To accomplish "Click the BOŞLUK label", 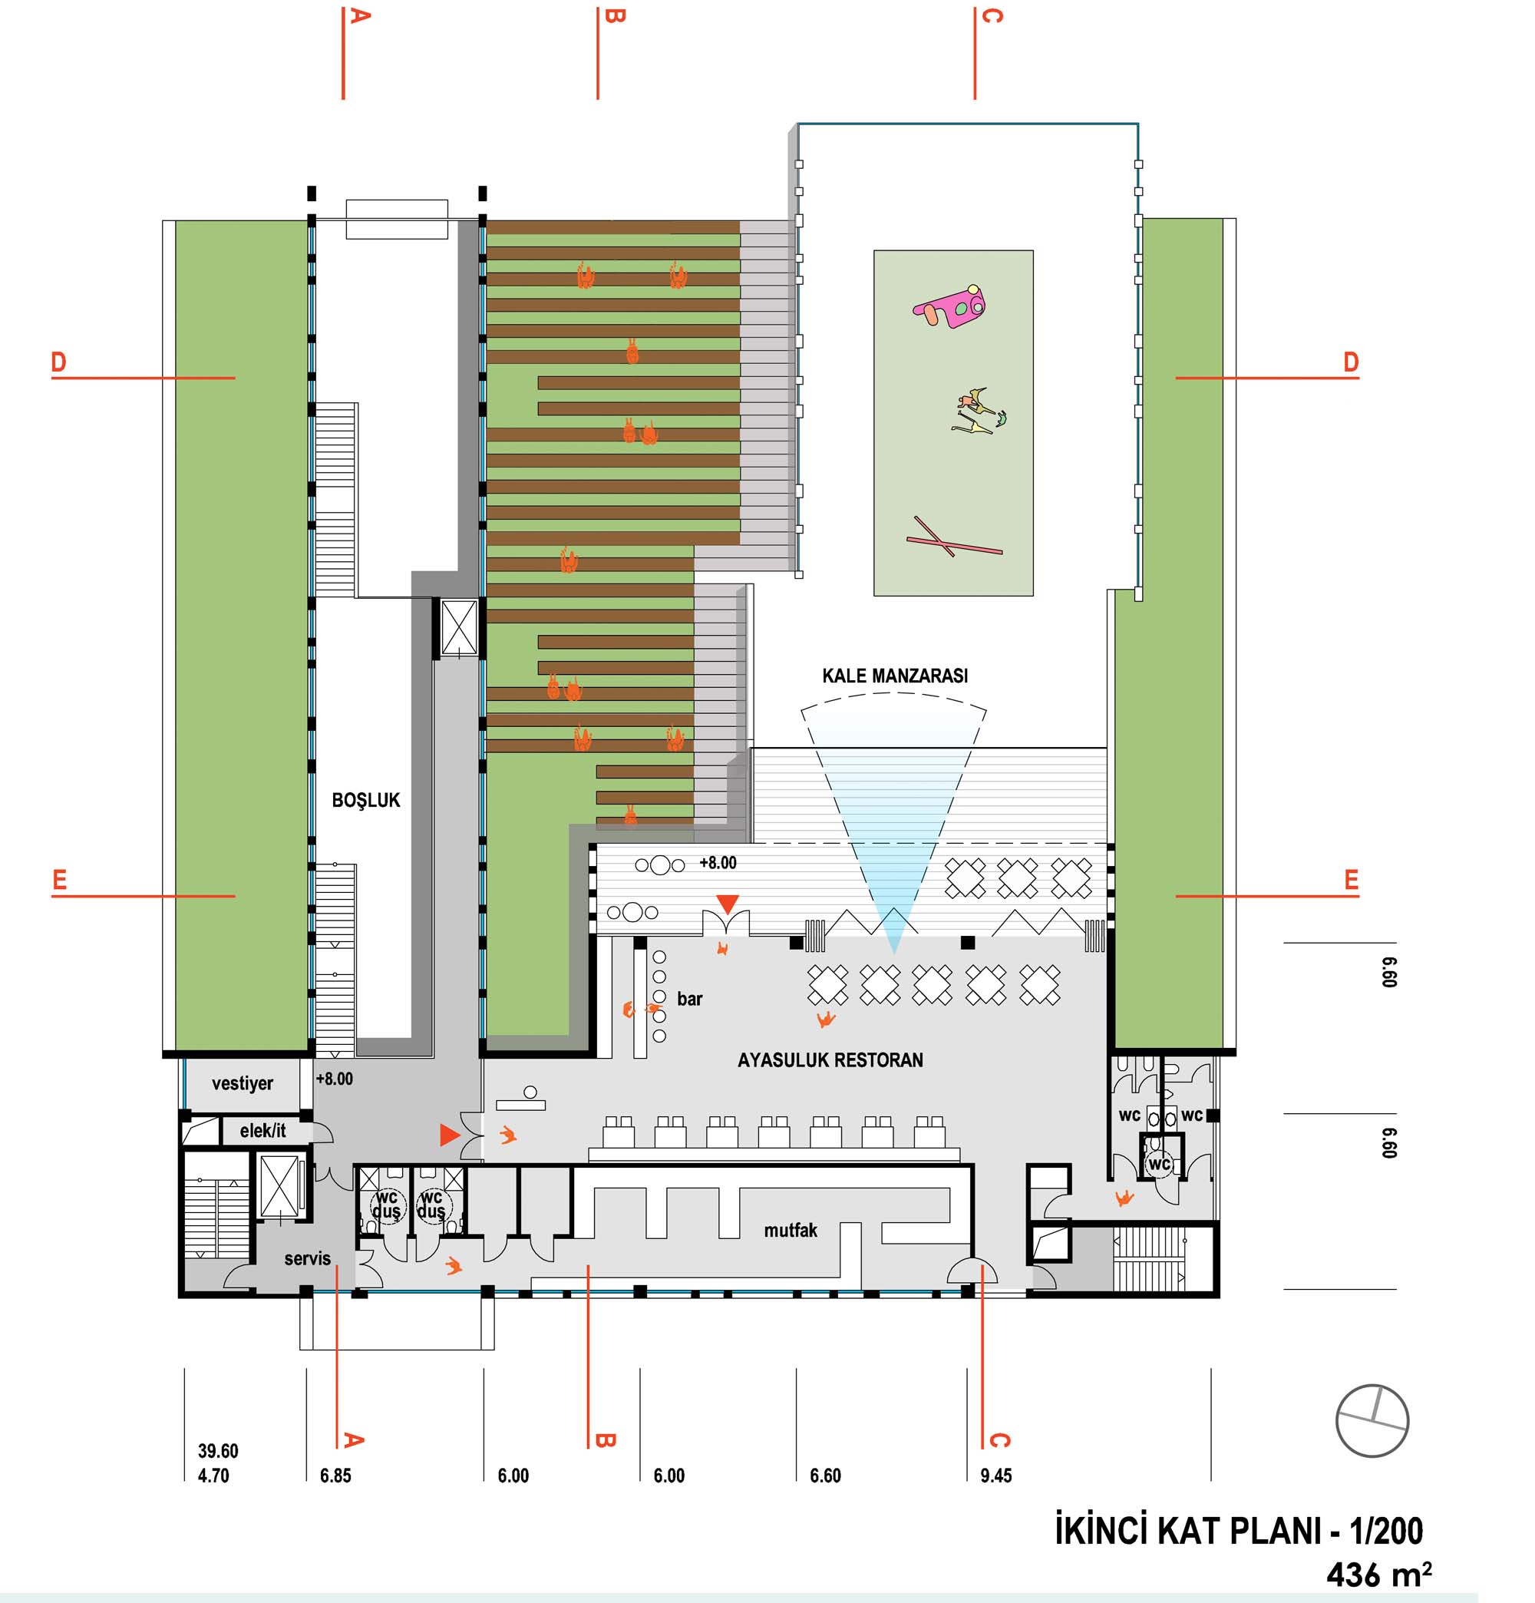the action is coord(365,800).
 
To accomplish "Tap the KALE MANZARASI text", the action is coord(895,676).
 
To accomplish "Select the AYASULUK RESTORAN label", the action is coord(830,1060).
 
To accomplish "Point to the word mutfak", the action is coord(790,1230).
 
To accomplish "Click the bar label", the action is coord(689,999).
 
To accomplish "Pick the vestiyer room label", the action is coord(242,1084).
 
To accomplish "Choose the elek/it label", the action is coord(262,1131).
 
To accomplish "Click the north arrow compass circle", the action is coord(1372,1420).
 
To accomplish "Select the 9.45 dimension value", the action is coord(996,1476).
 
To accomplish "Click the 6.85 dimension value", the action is coord(335,1476).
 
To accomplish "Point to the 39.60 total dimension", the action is coord(217,1451).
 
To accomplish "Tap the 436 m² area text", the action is coord(1378,1574).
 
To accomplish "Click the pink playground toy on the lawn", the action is coord(950,306).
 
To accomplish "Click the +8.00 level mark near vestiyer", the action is coord(335,1079).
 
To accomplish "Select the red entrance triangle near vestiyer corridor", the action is coord(449,1135).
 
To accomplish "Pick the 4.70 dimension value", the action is coord(213,1476).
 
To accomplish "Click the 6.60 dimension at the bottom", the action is coord(825,1476).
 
